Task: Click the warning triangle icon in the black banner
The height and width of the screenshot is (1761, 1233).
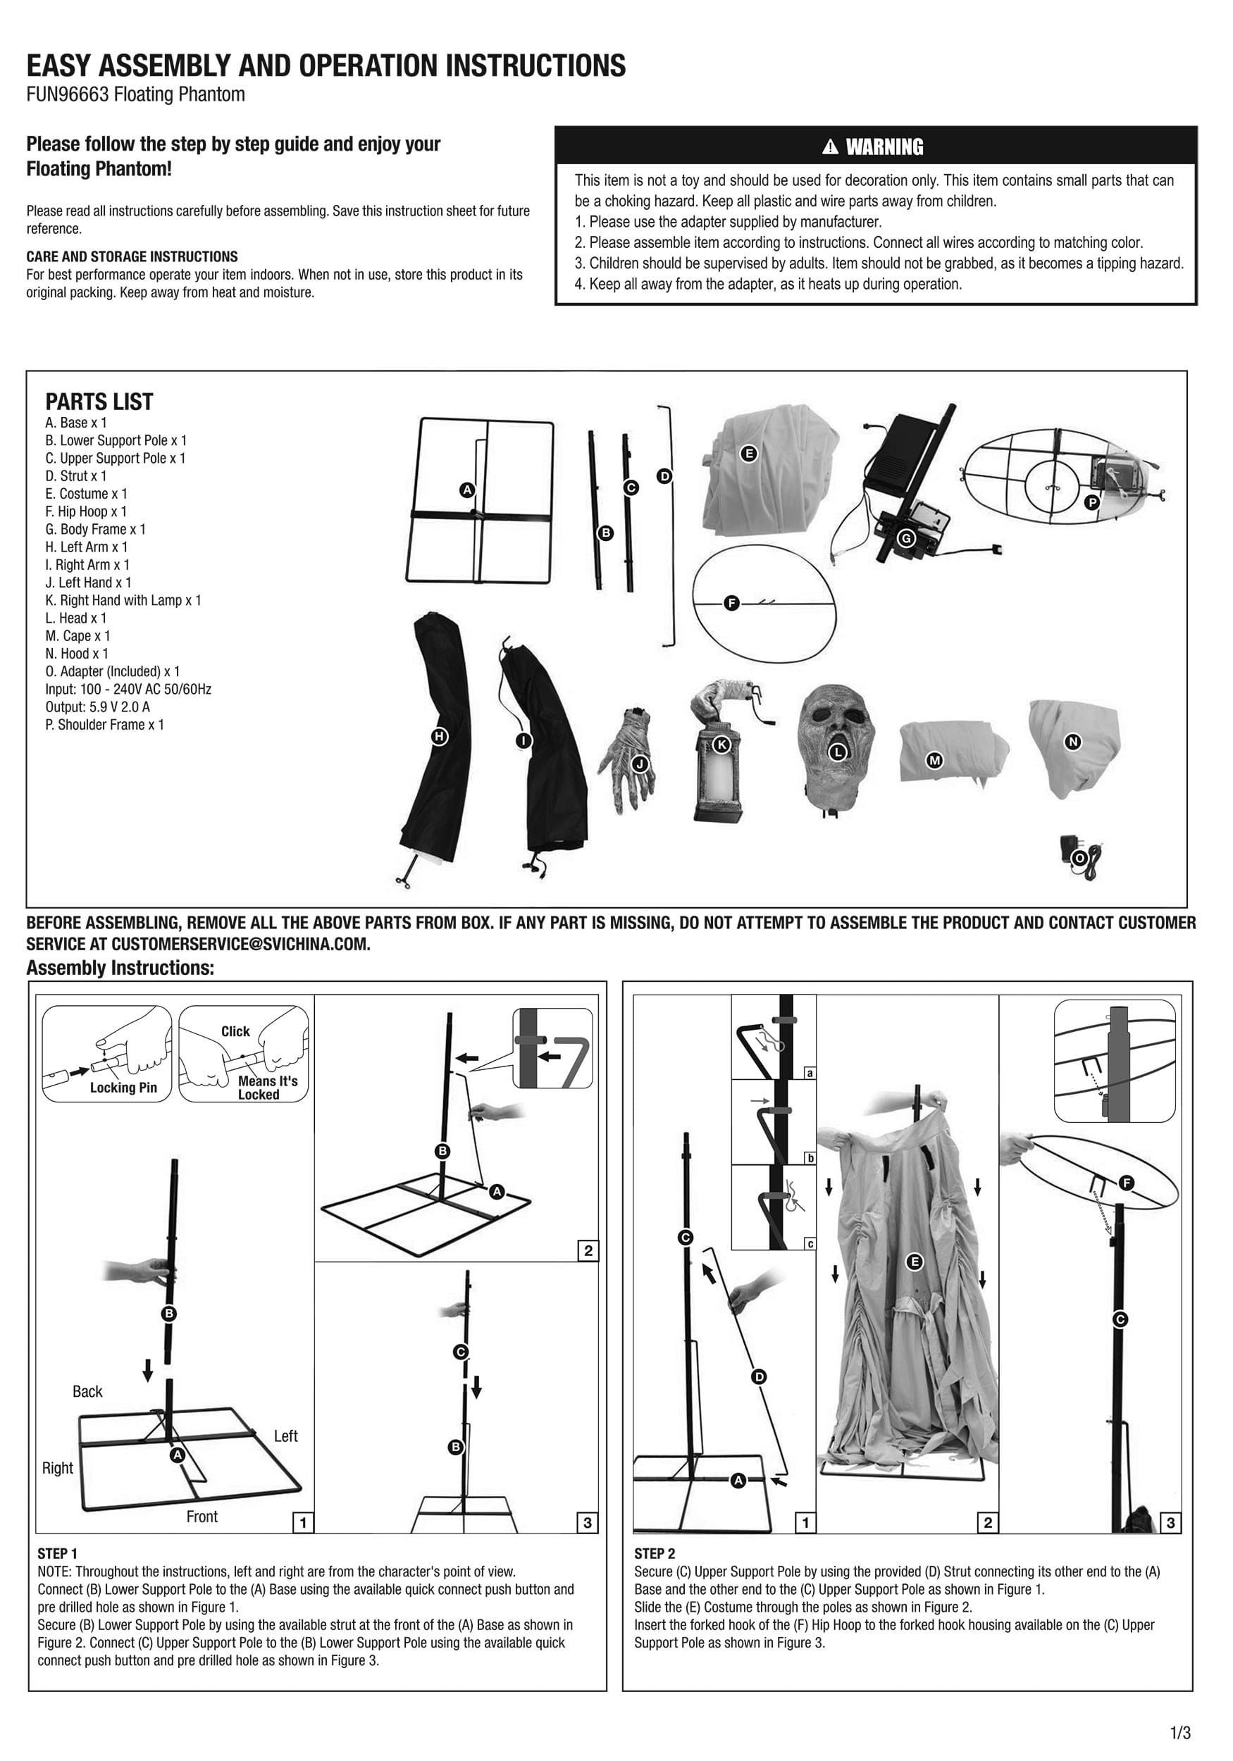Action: pos(829,147)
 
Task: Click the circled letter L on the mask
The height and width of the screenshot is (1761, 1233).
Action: pos(838,752)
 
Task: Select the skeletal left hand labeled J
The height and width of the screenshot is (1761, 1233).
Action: pos(629,759)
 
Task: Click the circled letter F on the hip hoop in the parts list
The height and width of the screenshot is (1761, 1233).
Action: pos(731,604)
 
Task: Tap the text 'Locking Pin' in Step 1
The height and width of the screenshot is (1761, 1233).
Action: pos(123,1088)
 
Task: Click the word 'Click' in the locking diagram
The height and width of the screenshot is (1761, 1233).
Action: pos(235,1032)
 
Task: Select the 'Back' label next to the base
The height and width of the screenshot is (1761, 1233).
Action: pos(87,1391)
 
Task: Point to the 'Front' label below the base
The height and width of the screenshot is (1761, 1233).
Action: pos(202,1517)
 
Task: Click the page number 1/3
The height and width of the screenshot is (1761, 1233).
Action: pos(1180,1733)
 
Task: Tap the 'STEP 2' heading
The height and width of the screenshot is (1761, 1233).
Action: pos(654,1554)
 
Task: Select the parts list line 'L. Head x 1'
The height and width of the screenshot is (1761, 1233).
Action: pos(76,618)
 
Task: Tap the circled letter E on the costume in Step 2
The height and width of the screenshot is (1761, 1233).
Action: pos(913,1262)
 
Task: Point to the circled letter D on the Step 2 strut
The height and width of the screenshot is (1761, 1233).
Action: pos(759,1376)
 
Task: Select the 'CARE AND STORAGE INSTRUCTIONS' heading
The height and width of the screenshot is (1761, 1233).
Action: pos(132,257)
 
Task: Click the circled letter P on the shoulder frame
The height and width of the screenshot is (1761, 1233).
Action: pos(1092,503)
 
